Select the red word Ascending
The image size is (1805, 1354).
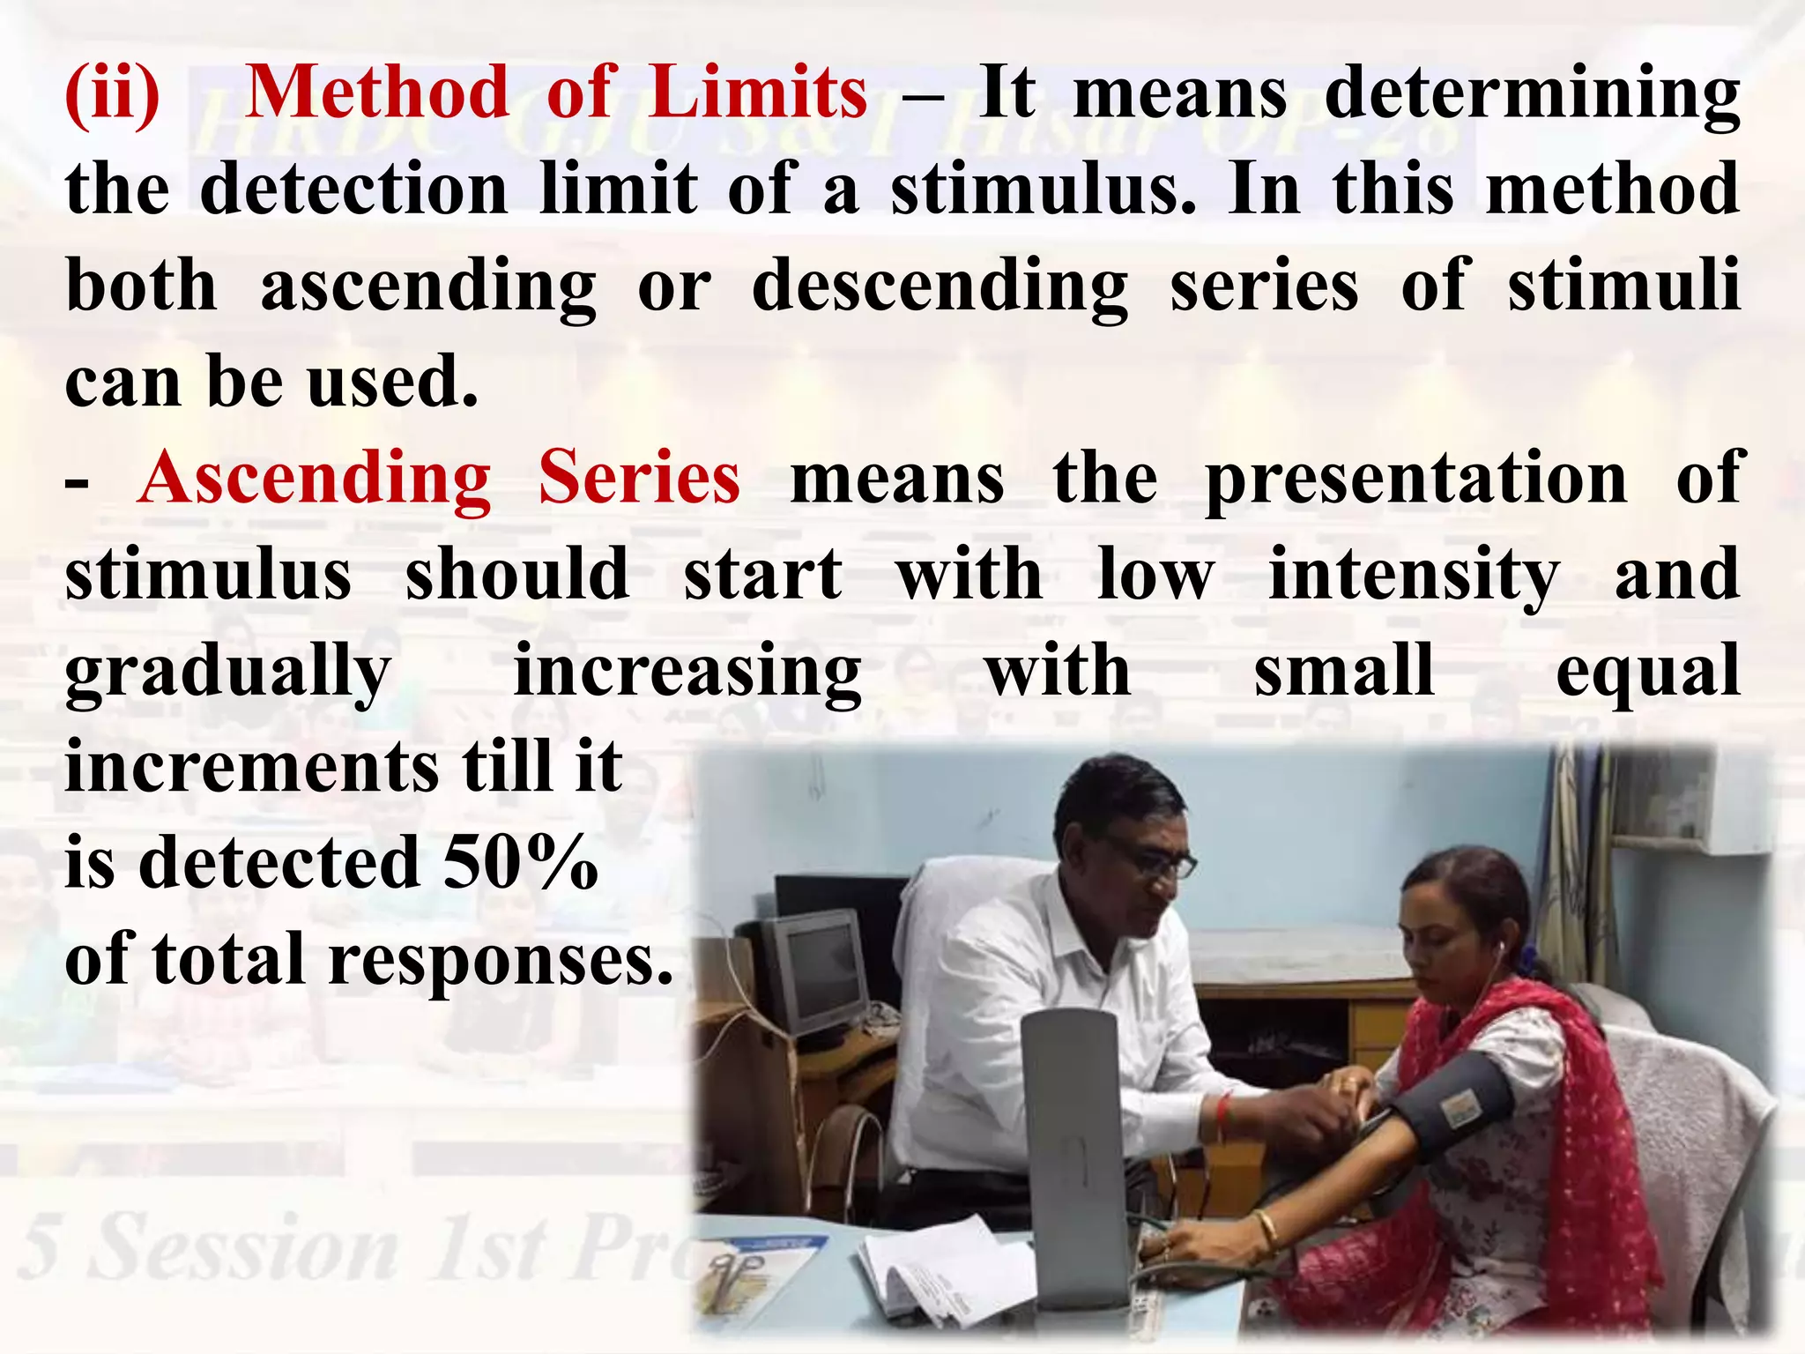click(x=315, y=479)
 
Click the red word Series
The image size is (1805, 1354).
click(x=639, y=479)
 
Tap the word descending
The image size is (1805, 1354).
click(x=940, y=287)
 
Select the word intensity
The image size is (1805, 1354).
click(x=1414, y=577)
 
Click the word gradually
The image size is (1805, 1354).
click(x=228, y=673)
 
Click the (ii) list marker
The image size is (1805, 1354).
click(x=113, y=94)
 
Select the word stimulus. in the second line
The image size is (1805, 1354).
click(x=1044, y=190)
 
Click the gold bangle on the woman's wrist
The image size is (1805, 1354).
click(x=1266, y=1230)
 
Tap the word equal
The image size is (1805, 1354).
click(x=1647, y=673)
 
